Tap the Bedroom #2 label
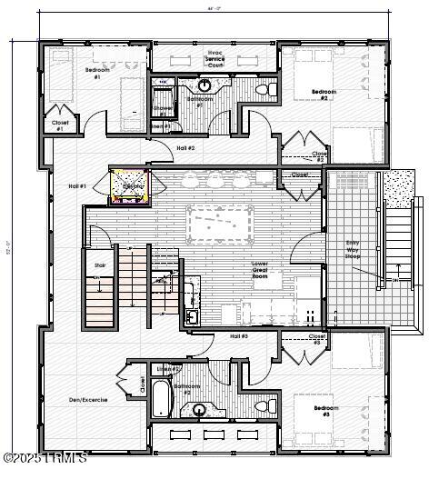(324, 95)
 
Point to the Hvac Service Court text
(214, 60)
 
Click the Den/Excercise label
(88, 399)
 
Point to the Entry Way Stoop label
(358, 248)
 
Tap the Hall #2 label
(185, 147)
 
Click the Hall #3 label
(214, 336)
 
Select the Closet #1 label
(60, 125)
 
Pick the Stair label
(100, 265)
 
